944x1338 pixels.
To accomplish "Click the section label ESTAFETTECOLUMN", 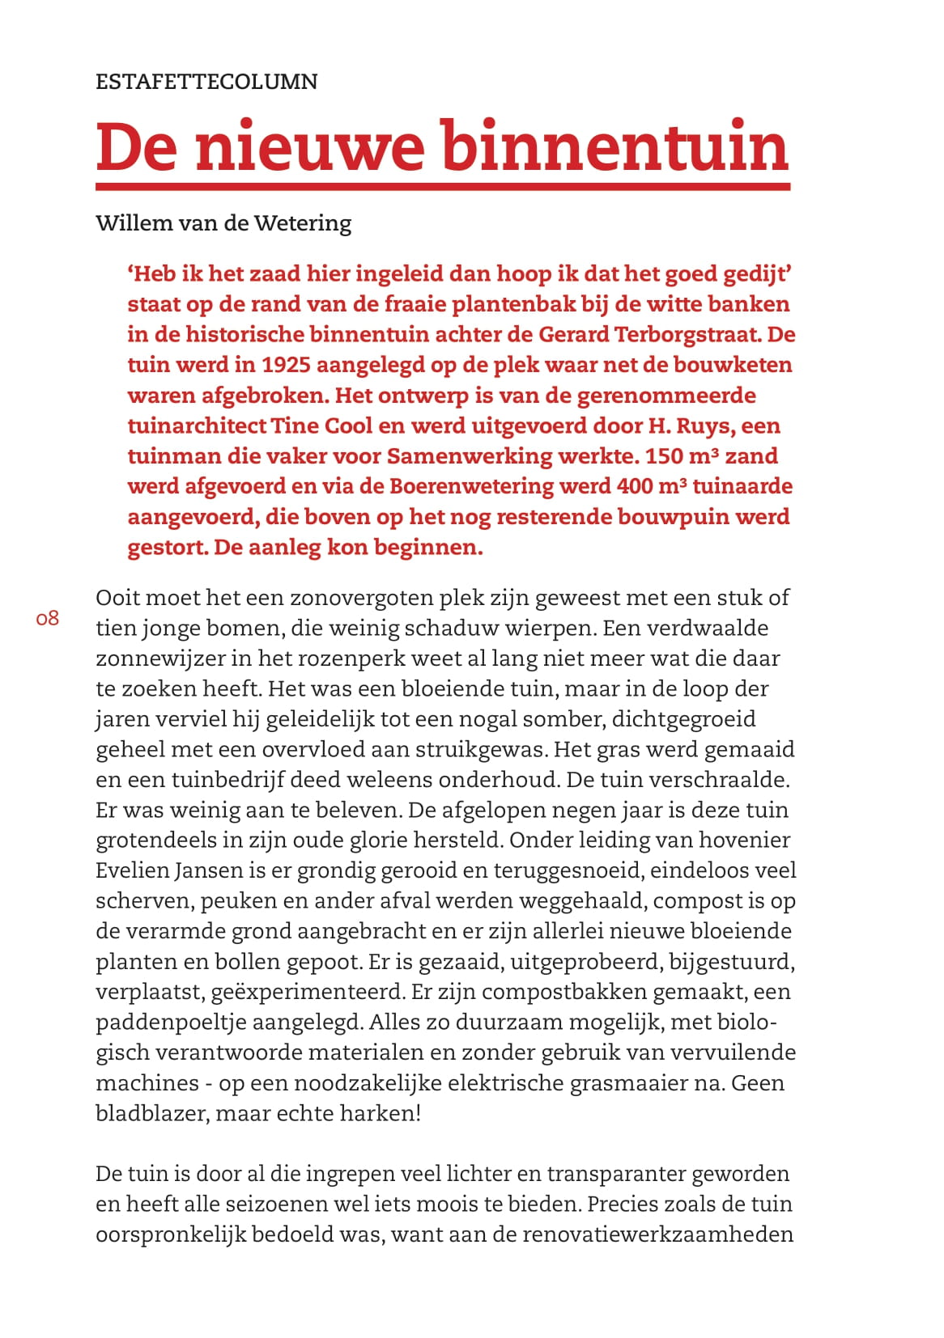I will point(206,82).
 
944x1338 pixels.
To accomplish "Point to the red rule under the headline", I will point(442,187).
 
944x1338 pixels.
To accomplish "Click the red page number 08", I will point(48,619).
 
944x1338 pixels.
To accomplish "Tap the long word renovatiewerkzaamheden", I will point(657,1235).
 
